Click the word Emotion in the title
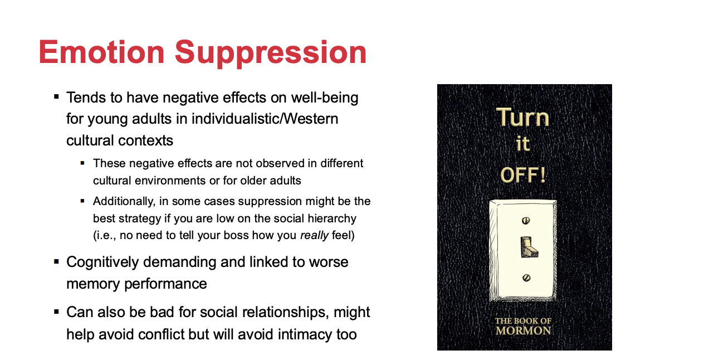click(101, 52)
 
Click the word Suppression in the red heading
click(271, 53)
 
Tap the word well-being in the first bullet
click(325, 98)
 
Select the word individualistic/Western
click(265, 119)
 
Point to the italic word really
click(314, 236)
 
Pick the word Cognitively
click(102, 262)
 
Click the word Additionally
click(124, 202)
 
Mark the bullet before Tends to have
click(57, 96)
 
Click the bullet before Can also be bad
click(57, 312)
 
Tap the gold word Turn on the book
click(522, 117)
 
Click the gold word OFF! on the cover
click(523, 175)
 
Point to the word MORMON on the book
click(524, 331)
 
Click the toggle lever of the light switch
click(529, 247)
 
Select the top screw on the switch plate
click(526, 221)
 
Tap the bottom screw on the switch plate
click(526, 278)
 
